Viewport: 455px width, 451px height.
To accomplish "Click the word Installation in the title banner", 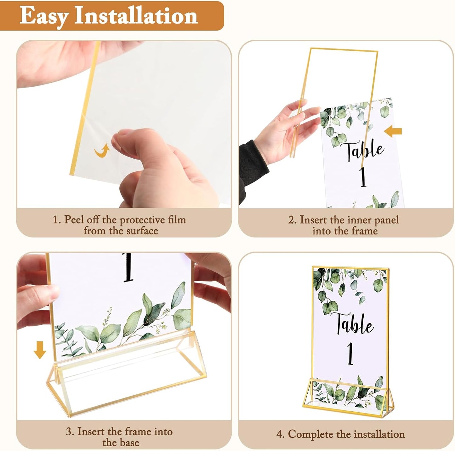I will pos(136,16).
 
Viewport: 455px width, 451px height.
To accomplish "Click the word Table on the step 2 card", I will pos(365,151).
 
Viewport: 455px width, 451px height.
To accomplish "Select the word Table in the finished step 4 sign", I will pos(353,324).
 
